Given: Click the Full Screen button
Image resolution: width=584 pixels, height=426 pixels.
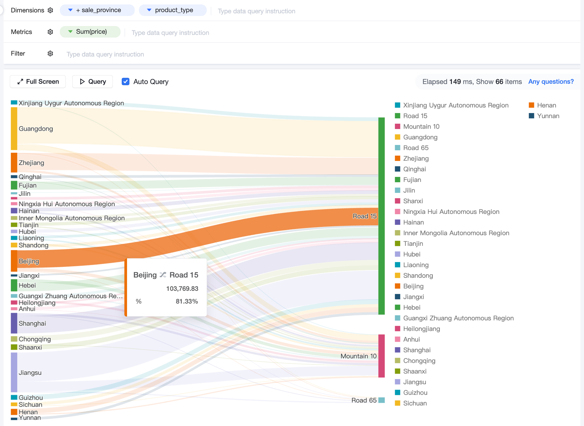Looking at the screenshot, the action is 38,82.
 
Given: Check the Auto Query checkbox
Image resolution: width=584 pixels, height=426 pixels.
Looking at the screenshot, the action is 126,82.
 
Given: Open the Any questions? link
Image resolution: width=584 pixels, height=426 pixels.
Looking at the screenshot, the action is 551,82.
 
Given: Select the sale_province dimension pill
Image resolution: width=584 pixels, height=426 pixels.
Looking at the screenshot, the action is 97,10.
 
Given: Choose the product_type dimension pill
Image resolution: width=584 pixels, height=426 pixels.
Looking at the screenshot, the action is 173,10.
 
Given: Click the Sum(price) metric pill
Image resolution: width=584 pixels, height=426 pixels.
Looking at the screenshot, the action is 90,32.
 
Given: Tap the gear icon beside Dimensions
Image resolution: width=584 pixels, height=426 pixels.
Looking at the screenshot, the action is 50,10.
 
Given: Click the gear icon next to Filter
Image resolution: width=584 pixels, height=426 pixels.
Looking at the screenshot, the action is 50,54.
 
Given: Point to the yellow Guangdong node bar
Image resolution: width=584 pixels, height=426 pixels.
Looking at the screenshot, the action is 14,129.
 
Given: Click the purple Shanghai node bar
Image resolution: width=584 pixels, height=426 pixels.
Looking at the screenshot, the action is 14,323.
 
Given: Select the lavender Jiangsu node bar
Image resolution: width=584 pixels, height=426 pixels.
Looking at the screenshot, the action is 14,372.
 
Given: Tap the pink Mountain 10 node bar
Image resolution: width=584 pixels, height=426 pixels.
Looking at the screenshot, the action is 381,356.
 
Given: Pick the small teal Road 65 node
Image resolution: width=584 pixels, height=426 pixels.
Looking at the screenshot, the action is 381,400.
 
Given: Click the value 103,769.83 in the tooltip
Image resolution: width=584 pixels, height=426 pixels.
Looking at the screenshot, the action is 182,289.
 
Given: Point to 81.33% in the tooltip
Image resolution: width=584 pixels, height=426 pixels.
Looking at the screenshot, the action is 187,301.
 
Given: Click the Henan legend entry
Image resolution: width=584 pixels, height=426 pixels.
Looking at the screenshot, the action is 543,105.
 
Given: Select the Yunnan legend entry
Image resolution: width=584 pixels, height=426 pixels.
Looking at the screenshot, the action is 544,116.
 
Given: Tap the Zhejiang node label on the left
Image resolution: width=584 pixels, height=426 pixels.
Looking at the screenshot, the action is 31,163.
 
